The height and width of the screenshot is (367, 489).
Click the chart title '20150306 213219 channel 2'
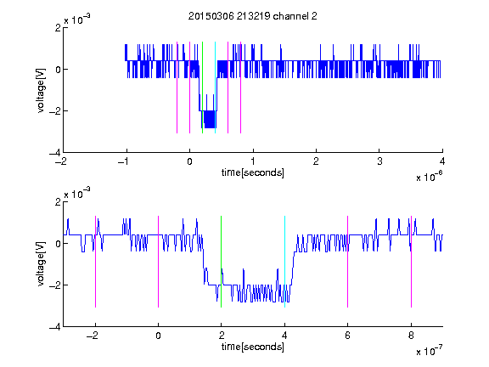point(253,16)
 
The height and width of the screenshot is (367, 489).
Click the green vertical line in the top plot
point(202,88)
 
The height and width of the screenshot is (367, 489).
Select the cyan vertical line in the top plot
point(215,88)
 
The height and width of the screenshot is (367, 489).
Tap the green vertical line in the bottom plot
point(221,262)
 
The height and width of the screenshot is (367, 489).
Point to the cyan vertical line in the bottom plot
point(284,262)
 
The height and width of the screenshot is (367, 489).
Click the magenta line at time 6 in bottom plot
point(348,262)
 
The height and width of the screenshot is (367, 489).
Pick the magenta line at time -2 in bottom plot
point(95,262)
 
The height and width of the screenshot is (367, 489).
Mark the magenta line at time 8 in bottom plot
point(412,262)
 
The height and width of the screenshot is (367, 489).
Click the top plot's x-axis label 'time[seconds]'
point(253,172)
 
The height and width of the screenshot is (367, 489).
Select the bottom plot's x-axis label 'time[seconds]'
point(253,347)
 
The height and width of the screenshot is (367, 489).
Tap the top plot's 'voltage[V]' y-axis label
point(41,90)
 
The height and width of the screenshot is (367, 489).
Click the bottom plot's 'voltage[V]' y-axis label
point(41,264)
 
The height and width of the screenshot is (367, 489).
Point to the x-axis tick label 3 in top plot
point(379,161)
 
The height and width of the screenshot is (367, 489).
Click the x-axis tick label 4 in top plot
point(442,161)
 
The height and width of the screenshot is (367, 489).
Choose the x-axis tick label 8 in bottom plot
point(411,336)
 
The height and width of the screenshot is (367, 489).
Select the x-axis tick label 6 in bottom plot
point(348,336)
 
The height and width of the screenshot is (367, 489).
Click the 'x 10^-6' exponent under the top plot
point(429,177)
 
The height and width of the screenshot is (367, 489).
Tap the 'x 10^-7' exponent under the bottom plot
point(429,351)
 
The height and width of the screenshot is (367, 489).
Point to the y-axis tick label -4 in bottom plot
point(55,327)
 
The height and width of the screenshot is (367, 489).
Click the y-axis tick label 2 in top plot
point(58,28)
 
